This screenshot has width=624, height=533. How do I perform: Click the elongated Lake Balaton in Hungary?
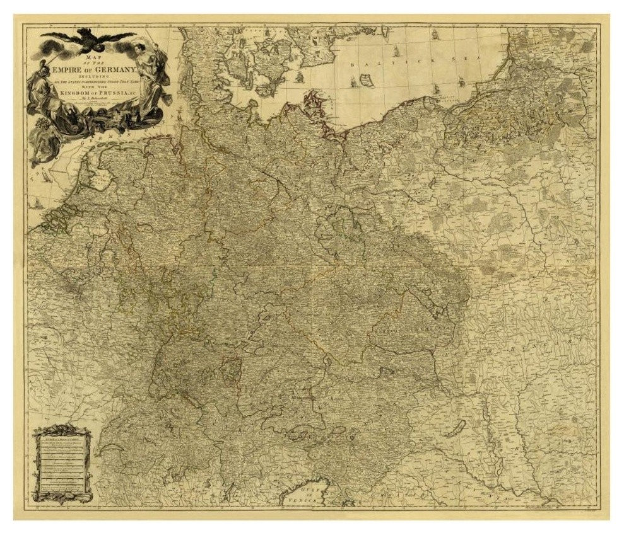pos(454,429)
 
